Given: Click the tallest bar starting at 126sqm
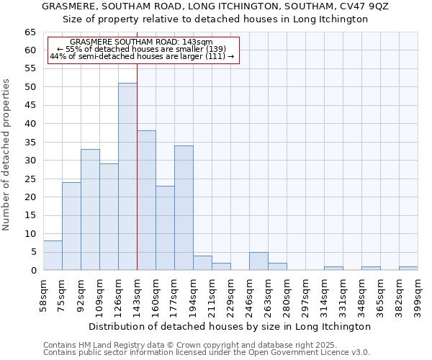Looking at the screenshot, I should pyautogui.click(x=127, y=176).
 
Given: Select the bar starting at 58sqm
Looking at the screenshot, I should pyautogui.click(x=53, y=256).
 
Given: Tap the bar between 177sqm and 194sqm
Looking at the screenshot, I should pyautogui.click(x=184, y=208).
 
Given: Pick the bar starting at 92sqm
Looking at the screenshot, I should pyautogui.click(x=90, y=210).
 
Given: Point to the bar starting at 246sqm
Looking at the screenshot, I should pyautogui.click(x=258, y=261).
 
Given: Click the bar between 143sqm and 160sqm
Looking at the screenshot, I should pyautogui.click(x=146, y=201).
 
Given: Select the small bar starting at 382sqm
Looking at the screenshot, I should pyautogui.click(x=408, y=269).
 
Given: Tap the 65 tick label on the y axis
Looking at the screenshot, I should pyautogui.click(x=30, y=32).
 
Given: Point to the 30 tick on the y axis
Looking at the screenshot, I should pyautogui.click(x=30, y=161).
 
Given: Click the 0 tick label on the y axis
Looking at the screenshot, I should pyautogui.click(x=32, y=271).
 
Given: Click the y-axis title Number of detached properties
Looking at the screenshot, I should pyautogui.click(x=6, y=155).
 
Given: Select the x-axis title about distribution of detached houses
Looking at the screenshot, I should pyautogui.click(x=230, y=326).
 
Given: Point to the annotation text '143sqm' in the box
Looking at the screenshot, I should pyautogui.click(x=197, y=42).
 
